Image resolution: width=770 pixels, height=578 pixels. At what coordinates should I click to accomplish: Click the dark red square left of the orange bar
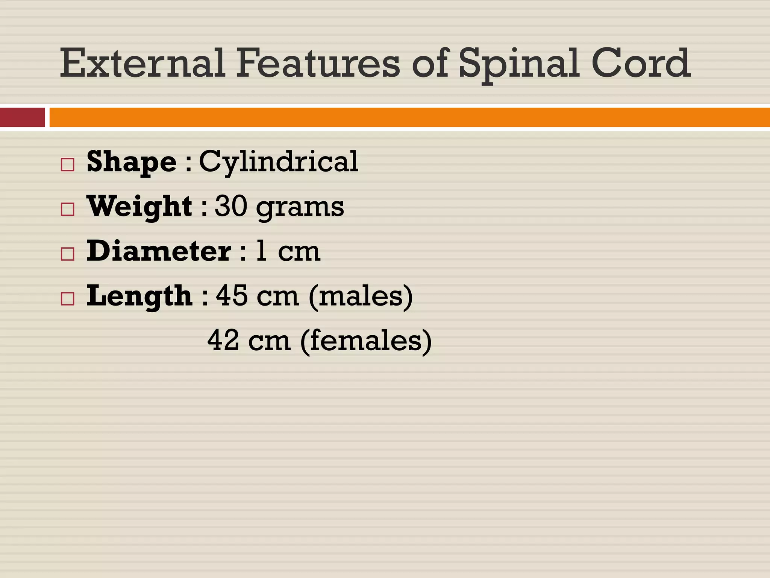(22, 117)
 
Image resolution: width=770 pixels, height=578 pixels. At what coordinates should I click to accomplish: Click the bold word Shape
(132, 162)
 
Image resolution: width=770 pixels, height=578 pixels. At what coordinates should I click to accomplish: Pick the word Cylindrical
(279, 162)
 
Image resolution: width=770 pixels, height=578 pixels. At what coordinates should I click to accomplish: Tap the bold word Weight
(139, 207)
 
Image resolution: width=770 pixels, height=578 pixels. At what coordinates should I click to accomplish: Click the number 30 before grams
(231, 207)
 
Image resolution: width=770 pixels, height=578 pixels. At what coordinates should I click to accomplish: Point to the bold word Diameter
(159, 251)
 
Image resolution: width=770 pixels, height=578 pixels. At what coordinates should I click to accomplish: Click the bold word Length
(139, 296)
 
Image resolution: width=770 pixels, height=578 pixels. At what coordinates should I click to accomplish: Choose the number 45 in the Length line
(232, 296)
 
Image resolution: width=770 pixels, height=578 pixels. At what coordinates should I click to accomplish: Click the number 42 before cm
(223, 341)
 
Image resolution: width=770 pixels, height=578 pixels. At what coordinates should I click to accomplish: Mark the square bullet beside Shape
(68, 165)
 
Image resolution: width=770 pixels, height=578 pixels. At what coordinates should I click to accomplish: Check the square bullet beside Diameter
(68, 254)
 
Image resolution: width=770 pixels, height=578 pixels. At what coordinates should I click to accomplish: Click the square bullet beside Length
(68, 299)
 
